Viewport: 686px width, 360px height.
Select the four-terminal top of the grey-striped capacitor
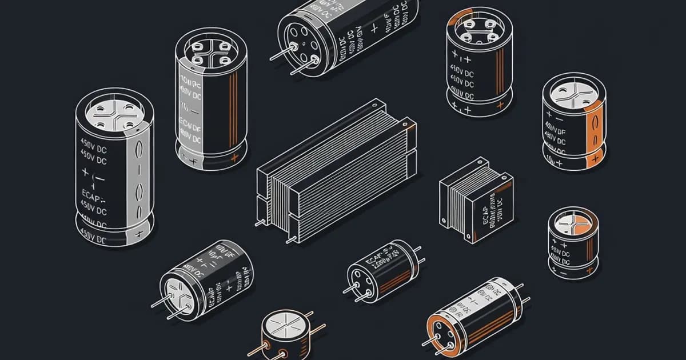point(114,112)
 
